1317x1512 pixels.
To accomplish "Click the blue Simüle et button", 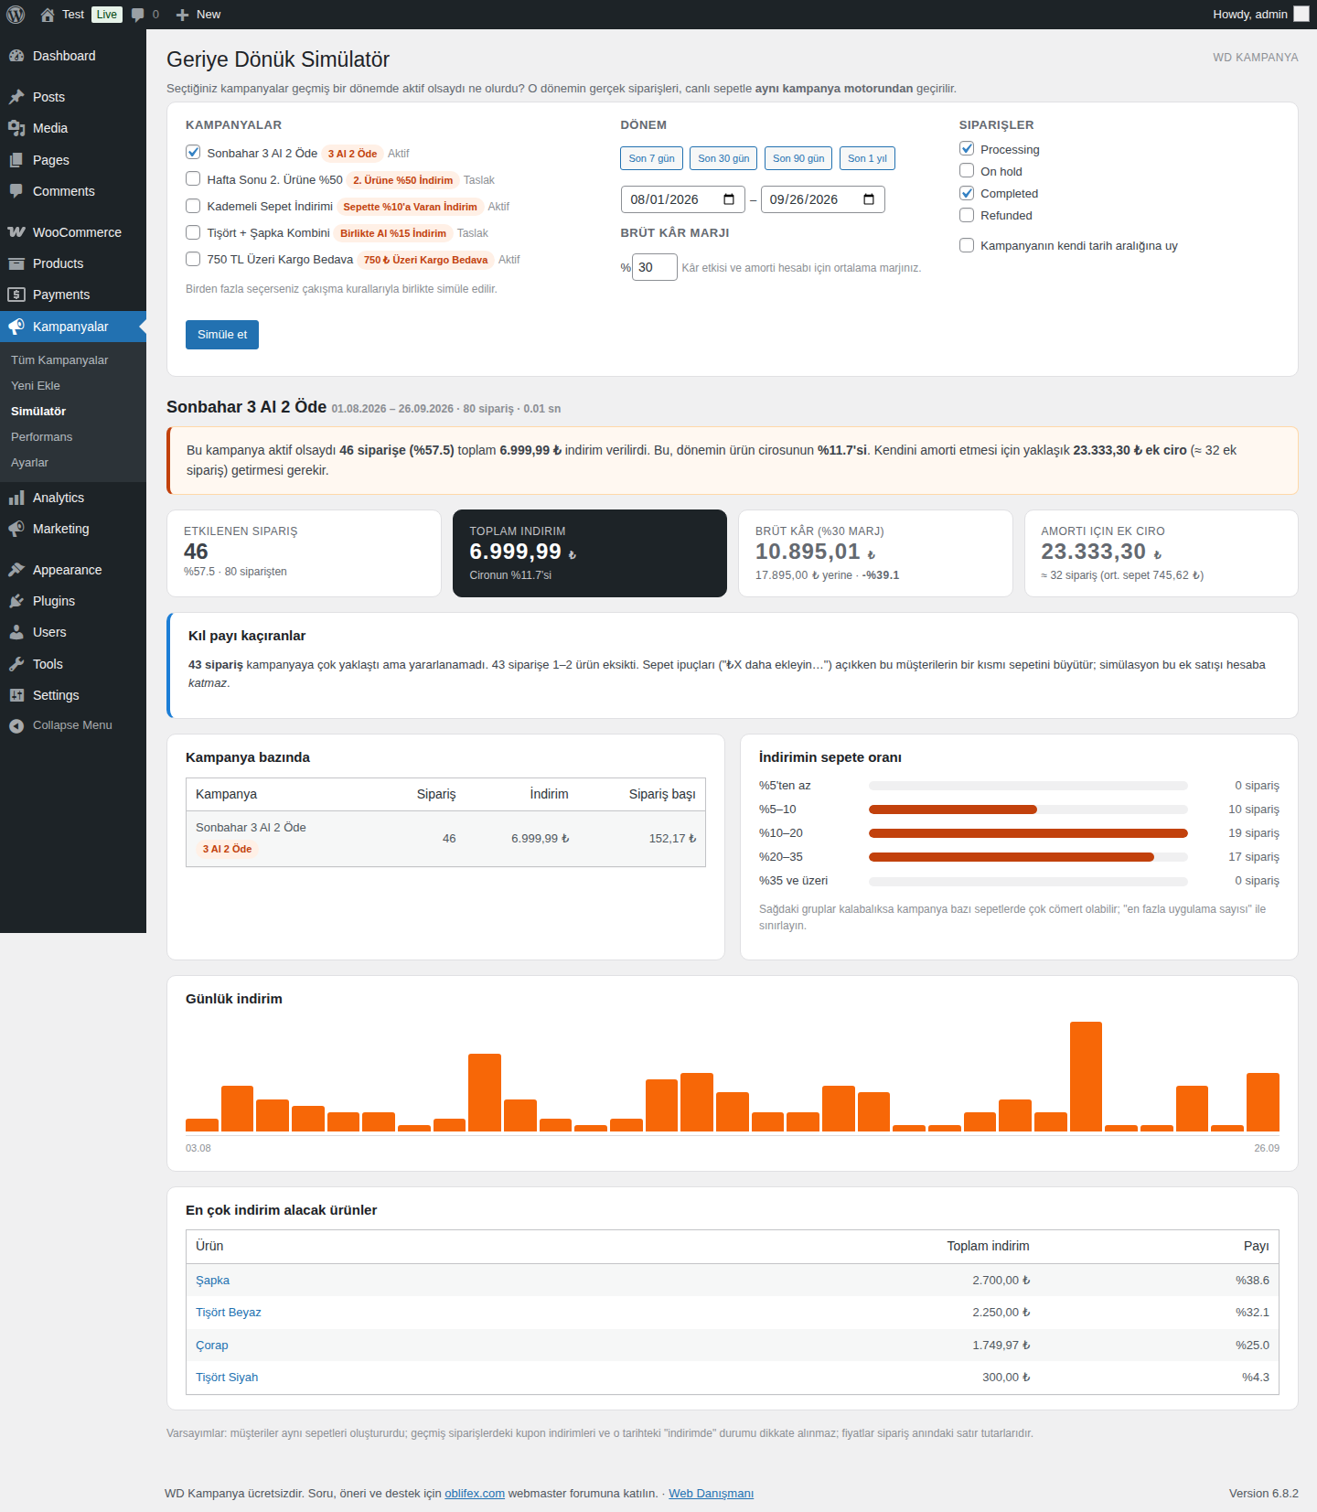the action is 222,335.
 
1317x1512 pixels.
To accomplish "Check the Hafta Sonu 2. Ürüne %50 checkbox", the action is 193,179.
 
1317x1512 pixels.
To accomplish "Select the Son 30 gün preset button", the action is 723,158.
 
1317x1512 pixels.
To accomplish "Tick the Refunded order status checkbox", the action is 967,215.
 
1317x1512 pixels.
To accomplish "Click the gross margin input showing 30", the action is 654,267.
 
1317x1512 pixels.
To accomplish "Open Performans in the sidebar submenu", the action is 41,437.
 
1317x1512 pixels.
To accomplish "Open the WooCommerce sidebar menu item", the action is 77,232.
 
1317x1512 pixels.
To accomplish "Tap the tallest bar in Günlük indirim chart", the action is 1086,1077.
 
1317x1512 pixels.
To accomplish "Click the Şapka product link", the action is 212,1281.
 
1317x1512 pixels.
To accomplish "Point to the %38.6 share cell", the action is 1252,1281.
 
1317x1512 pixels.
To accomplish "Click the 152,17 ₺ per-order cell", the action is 672,839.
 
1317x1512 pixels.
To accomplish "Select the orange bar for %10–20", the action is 1028,833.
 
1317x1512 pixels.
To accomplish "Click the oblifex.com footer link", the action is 475,1494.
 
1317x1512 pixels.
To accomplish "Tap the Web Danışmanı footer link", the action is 711,1494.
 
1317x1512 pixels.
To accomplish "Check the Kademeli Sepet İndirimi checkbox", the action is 193,206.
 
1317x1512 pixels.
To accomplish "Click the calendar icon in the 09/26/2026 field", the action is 869,199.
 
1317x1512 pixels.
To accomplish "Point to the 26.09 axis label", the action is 1267,1148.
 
